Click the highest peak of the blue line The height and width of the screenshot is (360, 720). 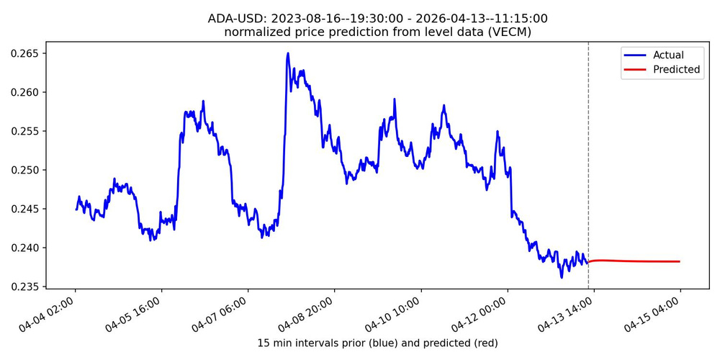click(x=288, y=53)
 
